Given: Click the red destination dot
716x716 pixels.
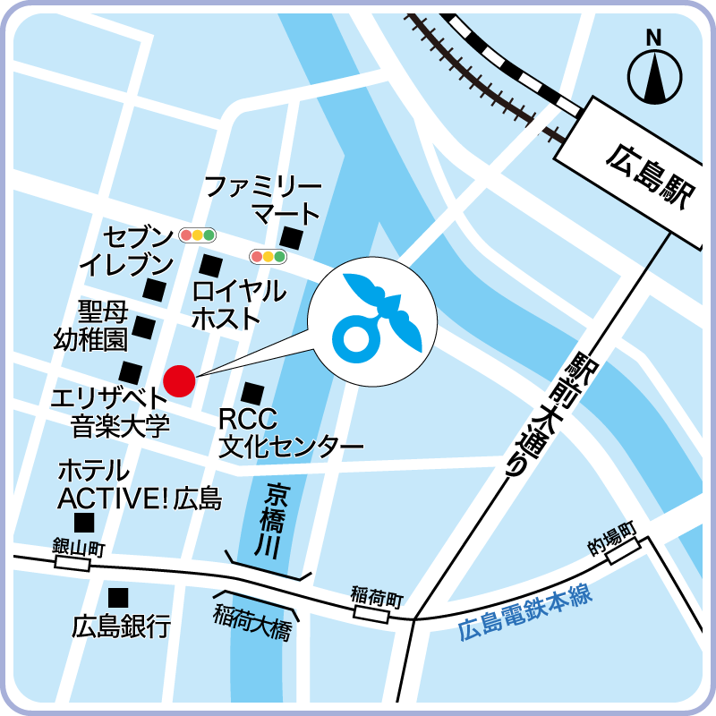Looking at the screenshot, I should pyautogui.click(x=179, y=380).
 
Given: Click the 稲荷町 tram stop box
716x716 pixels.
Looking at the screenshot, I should pyautogui.click(x=371, y=614).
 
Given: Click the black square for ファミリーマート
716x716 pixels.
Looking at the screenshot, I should pyautogui.click(x=291, y=237).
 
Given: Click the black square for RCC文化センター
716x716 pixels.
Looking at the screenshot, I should pyautogui.click(x=253, y=392).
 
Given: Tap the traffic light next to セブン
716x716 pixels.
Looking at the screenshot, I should pyautogui.click(x=198, y=235).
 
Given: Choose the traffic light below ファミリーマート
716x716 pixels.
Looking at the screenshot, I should pyautogui.click(x=268, y=257).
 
